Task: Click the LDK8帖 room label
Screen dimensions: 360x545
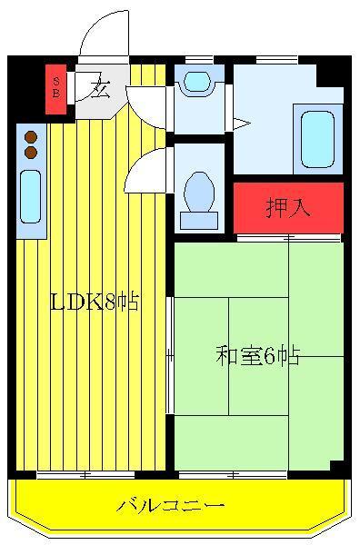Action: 95,302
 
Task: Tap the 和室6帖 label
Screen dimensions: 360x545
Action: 257,355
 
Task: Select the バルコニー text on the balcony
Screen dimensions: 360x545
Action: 171,505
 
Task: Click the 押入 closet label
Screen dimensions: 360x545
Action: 287,207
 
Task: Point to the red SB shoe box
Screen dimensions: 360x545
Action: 55,89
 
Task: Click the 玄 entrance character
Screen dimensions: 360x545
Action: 100,90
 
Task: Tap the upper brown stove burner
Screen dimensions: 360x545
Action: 31,137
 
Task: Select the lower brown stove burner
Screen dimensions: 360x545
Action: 31,152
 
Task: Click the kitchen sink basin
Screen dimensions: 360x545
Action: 30,196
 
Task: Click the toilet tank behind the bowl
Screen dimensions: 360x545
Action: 199,221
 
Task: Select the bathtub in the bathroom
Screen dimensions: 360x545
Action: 317,139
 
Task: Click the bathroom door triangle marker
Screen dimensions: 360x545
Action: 242,124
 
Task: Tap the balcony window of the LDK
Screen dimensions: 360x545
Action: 86,474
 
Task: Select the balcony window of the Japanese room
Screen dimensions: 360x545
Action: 233,474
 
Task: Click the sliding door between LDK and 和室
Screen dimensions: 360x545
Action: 170,355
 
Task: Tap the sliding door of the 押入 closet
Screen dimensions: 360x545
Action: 289,238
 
